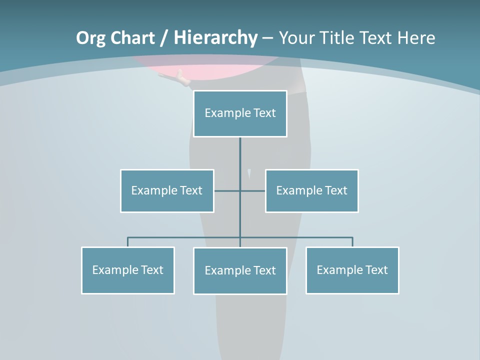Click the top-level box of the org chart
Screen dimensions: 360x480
point(240,113)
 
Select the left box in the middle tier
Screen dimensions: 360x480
point(167,190)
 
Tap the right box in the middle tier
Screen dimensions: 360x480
point(312,190)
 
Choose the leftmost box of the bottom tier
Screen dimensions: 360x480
point(128,270)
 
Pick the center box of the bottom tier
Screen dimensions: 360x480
point(240,270)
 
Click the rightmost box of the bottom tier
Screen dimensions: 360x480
point(352,270)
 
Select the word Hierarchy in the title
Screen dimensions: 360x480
point(215,38)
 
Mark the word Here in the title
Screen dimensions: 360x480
point(416,38)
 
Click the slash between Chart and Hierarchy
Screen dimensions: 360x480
point(164,38)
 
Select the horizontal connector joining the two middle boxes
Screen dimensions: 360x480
point(227,190)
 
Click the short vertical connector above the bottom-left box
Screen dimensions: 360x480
point(128,242)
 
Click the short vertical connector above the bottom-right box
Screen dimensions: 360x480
point(352,242)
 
